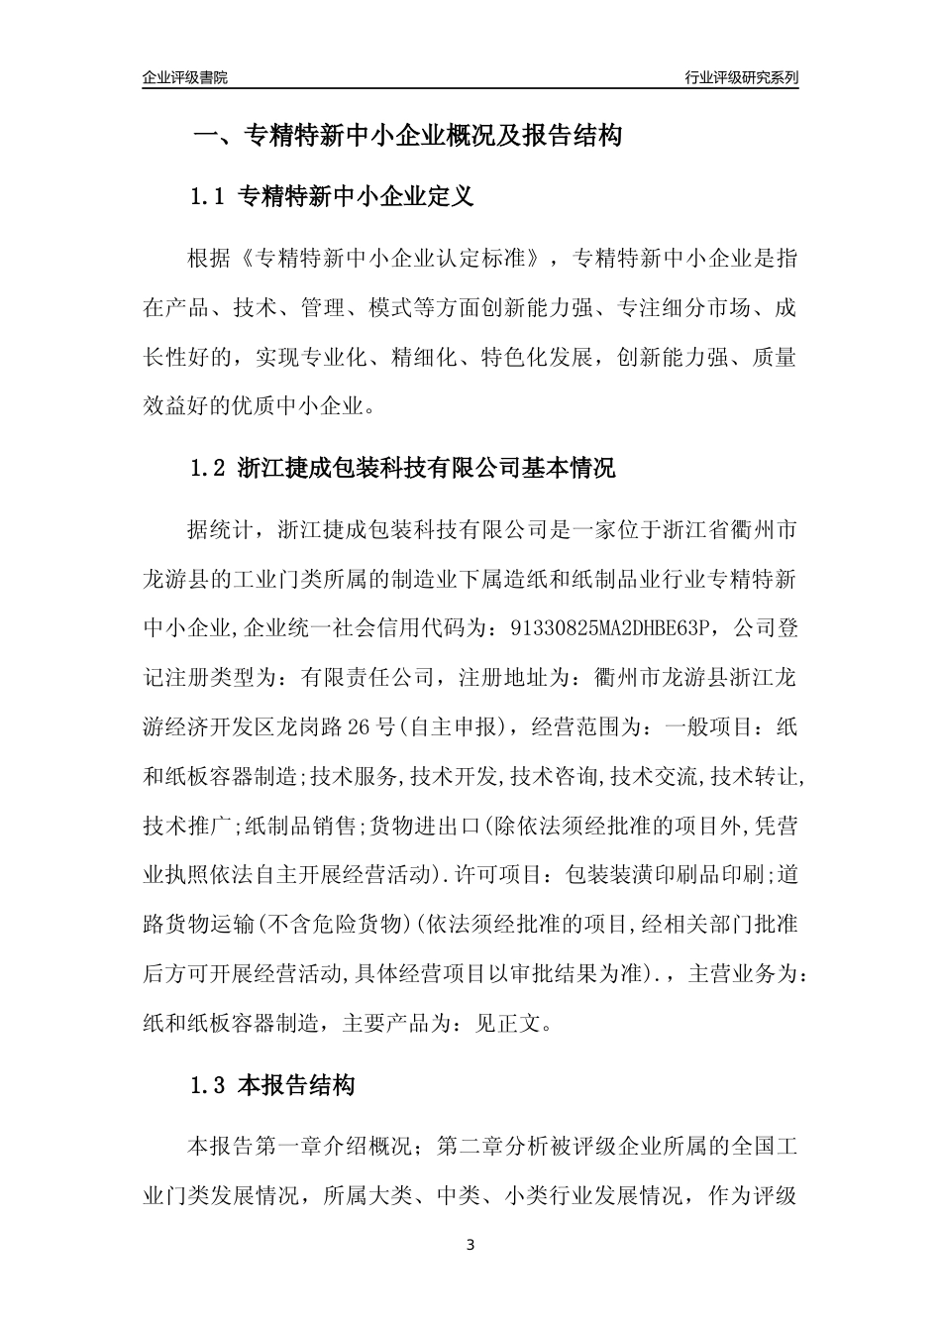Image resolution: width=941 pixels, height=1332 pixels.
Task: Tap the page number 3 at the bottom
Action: (470, 1245)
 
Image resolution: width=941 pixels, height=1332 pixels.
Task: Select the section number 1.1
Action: (209, 197)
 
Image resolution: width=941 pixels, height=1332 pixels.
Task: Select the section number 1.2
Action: (209, 468)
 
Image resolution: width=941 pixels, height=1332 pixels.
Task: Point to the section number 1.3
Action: (209, 1085)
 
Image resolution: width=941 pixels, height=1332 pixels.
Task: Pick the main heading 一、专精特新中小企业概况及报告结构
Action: (406, 136)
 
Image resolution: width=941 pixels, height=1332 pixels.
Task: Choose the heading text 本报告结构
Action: (297, 1085)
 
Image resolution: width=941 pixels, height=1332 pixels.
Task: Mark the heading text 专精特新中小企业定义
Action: (357, 197)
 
